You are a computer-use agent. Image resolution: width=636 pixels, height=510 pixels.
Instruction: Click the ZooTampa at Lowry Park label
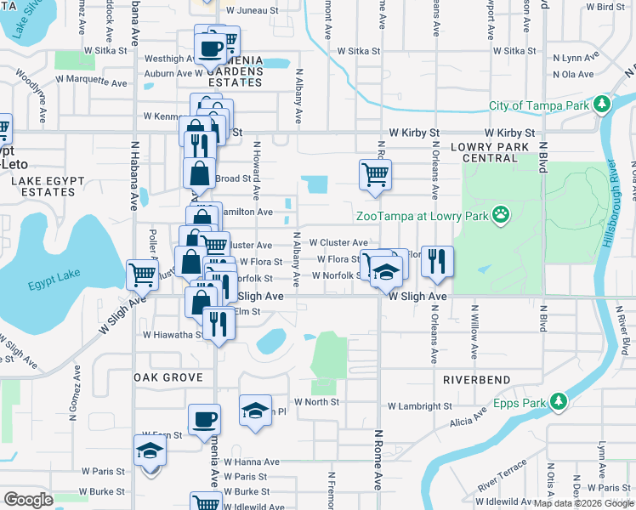(422, 216)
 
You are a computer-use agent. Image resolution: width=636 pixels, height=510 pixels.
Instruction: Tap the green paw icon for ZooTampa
(503, 215)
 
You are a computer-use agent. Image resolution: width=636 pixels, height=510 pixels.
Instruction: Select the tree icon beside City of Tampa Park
(602, 105)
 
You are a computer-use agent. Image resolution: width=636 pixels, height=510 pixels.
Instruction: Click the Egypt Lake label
(33, 285)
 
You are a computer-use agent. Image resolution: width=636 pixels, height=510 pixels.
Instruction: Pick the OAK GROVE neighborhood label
(168, 377)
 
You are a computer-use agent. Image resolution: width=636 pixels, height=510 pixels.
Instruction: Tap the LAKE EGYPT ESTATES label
(43, 186)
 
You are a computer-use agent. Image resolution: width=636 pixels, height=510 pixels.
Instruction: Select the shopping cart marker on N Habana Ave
(142, 274)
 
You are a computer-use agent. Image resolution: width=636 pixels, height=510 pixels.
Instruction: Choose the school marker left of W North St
(254, 409)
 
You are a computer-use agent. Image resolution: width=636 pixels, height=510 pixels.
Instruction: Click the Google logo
(28, 500)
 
